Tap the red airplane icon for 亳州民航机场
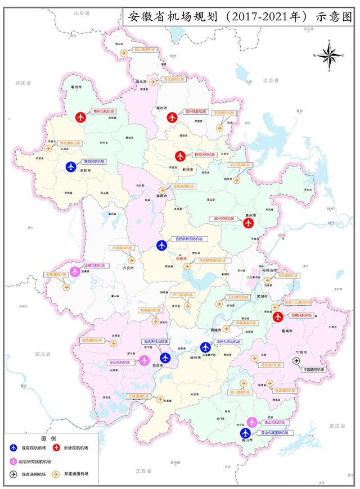coord(81,117)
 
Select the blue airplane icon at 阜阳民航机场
coord(71,166)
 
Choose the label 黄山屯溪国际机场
coord(274,433)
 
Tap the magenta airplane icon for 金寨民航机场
coord(75,271)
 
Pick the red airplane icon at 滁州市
coord(250,223)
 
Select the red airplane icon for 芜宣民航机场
coord(277,317)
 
